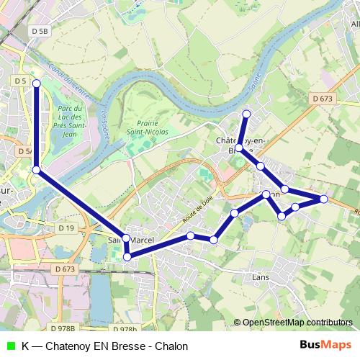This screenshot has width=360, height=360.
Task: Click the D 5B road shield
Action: (40, 31)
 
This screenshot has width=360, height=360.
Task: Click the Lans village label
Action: (260, 274)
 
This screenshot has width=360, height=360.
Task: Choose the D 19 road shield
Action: (66, 228)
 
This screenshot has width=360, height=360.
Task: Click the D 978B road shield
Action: (63, 329)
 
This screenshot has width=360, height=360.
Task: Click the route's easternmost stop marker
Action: (323, 199)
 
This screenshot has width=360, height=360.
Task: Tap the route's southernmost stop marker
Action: (127, 256)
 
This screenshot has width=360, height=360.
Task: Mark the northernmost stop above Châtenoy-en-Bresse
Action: (246, 114)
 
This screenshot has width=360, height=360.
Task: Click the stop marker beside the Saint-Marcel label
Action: (126, 238)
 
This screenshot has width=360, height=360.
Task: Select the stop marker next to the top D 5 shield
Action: (36, 83)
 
